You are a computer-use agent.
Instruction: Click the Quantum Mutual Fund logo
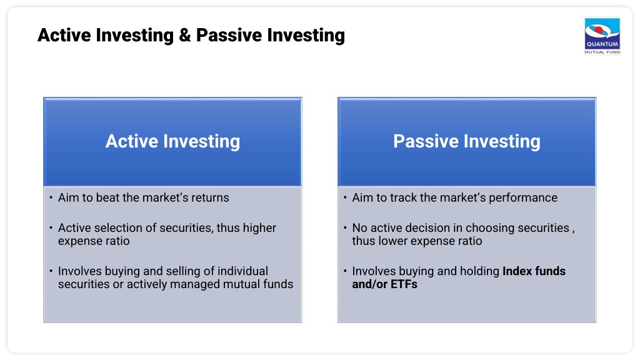pos(602,36)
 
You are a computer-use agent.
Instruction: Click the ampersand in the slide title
pos(184,35)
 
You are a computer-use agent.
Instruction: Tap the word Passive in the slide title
pos(229,35)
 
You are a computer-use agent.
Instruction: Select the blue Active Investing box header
pos(172,142)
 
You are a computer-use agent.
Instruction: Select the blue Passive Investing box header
pos(467,142)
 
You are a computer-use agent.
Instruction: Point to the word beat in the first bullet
pos(107,197)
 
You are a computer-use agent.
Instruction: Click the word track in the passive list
pos(403,197)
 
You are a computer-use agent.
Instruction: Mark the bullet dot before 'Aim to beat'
pos(51,197)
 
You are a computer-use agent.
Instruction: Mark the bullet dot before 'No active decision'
pos(345,227)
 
